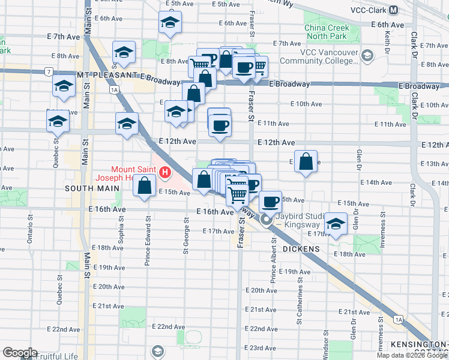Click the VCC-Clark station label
pyautogui.click(x=367, y=10)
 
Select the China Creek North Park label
pyautogui.click(x=325, y=32)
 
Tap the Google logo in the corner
pyautogui.click(x=20, y=353)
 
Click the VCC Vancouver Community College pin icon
pyautogui.click(x=367, y=56)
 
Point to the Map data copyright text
pyautogui.click(x=411, y=355)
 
